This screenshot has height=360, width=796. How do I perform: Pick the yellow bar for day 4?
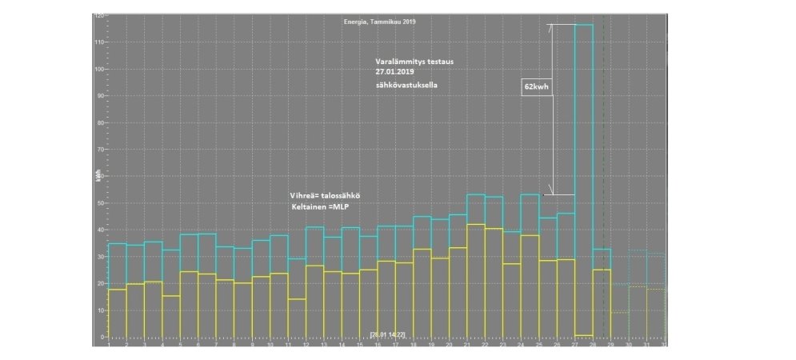(x=170, y=316)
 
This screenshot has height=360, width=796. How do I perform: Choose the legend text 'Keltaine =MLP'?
(x=322, y=208)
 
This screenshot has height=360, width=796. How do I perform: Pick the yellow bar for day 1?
(x=117, y=313)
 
